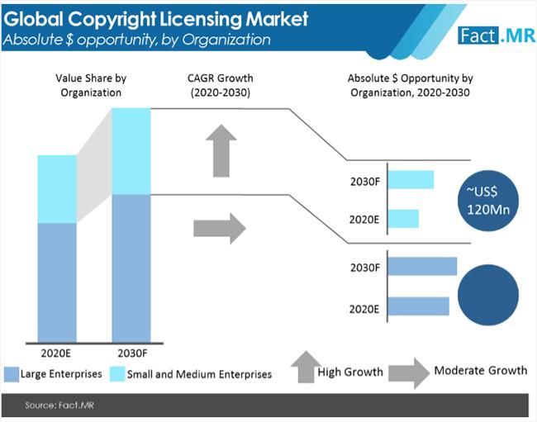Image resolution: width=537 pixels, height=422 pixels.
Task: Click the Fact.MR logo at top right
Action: pyautogui.click(x=492, y=34)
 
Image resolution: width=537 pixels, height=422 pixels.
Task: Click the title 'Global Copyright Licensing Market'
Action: pyautogui.click(x=156, y=17)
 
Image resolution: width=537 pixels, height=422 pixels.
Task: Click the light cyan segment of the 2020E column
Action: pyautogui.click(x=56, y=188)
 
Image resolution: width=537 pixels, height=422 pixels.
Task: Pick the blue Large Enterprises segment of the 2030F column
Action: pyautogui.click(x=131, y=268)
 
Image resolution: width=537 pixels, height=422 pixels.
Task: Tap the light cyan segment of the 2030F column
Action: pyautogui.click(x=131, y=151)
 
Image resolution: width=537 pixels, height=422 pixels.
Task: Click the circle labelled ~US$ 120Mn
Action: pyautogui.click(x=487, y=200)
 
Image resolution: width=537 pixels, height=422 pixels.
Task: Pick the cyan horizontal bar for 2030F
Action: pyautogui.click(x=410, y=179)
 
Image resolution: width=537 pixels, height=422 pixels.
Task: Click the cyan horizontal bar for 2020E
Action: pyautogui.click(x=402, y=218)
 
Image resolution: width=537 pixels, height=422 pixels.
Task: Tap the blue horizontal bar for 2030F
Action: pyautogui.click(x=421, y=266)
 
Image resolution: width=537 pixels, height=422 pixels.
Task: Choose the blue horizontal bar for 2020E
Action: pyautogui.click(x=417, y=306)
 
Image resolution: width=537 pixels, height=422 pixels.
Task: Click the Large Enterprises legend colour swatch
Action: pyautogui.click(x=11, y=374)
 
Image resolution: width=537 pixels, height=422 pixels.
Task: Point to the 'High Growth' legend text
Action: pyautogui.click(x=350, y=372)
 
